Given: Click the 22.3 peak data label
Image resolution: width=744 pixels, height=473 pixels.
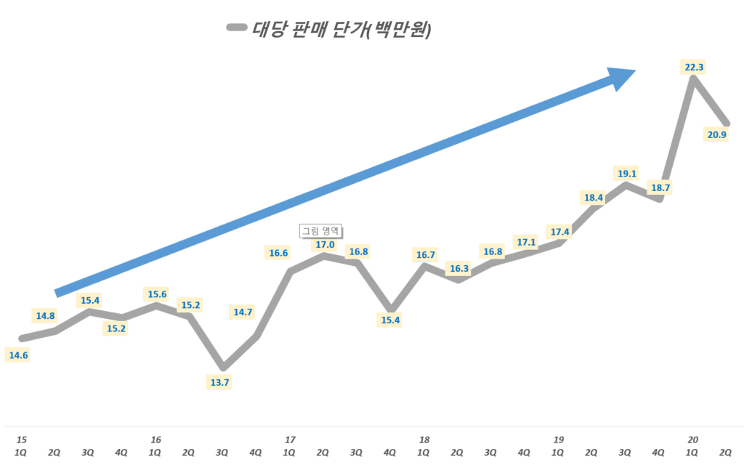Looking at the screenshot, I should [x=694, y=67].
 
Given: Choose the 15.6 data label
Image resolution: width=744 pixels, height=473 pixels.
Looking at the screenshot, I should [x=155, y=294].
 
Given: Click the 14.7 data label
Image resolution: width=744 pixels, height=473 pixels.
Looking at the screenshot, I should [x=243, y=312].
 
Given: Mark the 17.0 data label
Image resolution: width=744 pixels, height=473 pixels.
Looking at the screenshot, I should [x=324, y=245].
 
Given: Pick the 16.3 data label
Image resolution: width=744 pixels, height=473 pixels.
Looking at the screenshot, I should [x=459, y=268].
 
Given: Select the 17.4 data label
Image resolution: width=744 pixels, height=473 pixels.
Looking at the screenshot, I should [x=559, y=232].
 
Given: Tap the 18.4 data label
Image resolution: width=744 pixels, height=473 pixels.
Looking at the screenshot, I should [x=593, y=198].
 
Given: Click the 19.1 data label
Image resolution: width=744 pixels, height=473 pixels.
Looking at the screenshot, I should [x=626, y=174].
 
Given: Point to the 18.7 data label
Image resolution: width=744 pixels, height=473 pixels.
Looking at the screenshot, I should [x=660, y=187].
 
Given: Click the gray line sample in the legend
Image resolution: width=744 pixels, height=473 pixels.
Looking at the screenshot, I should [x=237, y=28].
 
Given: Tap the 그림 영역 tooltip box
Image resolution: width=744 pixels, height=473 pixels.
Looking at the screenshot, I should [x=320, y=231].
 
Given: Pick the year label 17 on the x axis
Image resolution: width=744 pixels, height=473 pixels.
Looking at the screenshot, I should [x=290, y=440].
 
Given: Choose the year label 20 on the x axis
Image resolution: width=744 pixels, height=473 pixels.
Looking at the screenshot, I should [x=692, y=440].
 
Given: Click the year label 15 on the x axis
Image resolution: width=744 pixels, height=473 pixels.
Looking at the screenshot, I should [x=22, y=440].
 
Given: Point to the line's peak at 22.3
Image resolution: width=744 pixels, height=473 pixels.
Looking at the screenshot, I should [x=694, y=79].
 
